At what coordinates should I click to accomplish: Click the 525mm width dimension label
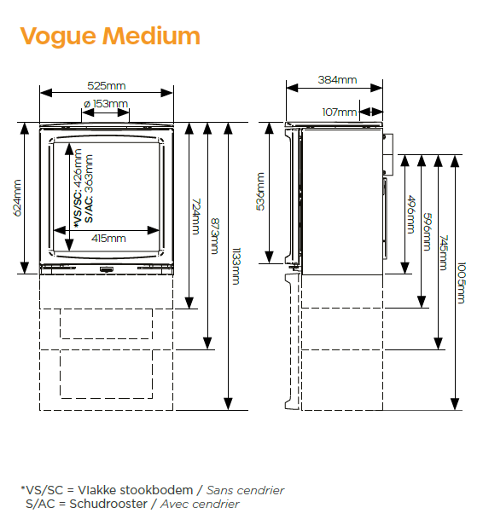click(107, 86)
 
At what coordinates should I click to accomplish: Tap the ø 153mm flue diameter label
click(106, 104)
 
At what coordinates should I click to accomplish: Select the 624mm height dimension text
click(17, 198)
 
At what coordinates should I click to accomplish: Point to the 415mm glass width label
click(108, 239)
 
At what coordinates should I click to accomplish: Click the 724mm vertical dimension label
click(195, 216)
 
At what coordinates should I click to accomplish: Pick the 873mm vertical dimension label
click(215, 236)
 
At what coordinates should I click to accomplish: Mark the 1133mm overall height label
click(236, 266)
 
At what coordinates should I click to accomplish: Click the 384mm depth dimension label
click(338, 80)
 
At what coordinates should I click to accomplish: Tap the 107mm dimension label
click(339, 112)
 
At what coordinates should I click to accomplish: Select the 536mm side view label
click(260, 192)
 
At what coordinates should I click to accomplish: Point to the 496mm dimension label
click(411, 215)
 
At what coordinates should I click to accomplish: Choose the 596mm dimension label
click(427, 232)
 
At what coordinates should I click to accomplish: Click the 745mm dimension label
click(444, 253)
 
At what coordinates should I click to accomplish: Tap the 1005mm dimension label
click(461, 283)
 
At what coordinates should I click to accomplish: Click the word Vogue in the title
click(58, 37)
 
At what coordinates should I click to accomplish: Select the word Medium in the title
click(152, 36)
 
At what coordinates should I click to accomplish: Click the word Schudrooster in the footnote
click(108, 504)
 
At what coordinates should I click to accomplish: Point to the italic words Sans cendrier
click(245, 491)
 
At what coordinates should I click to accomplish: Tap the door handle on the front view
click(107, 268)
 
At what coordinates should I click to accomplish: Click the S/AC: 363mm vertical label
click(89, 188)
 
